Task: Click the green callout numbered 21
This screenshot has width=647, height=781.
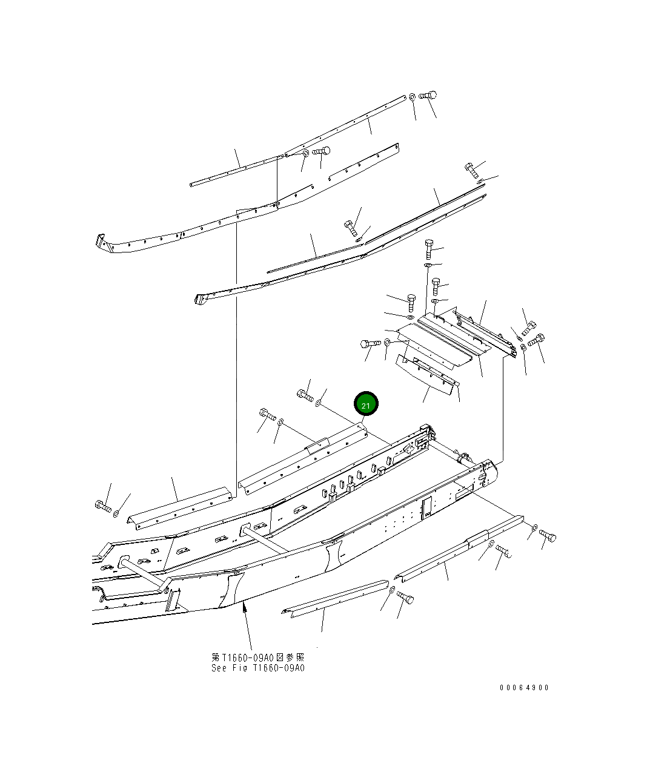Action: [x=365, y=404]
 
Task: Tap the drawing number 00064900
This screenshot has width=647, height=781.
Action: [x=524, y=687]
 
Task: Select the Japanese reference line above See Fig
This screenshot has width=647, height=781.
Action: [x=257, y=657]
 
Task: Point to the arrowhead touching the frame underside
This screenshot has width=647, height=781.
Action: [x=244, y=607]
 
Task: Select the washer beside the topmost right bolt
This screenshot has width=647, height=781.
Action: [x=411, y=96]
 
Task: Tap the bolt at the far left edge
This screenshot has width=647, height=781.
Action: [x=102, y=506]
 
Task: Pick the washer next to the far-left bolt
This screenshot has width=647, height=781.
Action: [x=116, y=514]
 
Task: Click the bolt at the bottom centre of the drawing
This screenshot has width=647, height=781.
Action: [x=405, y=598]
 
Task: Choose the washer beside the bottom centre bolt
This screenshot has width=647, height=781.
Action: [x=392, y=590]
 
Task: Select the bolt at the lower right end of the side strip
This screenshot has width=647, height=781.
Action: [x=547, y=535]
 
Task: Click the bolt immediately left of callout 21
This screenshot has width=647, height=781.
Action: [x=305, y=396]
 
